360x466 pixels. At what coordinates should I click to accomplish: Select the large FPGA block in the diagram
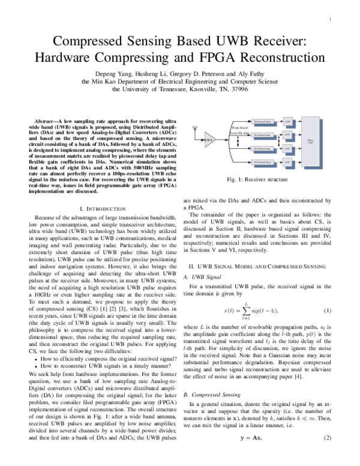[x=310, y=142]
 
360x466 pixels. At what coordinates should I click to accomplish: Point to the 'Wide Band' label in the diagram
[x=239, y=127]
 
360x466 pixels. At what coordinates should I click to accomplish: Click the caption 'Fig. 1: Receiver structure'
[x=260, y=180]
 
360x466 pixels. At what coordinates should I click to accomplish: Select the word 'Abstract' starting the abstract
[x=49, y=121]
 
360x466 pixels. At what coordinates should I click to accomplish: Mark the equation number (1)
[x=328, y=294]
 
